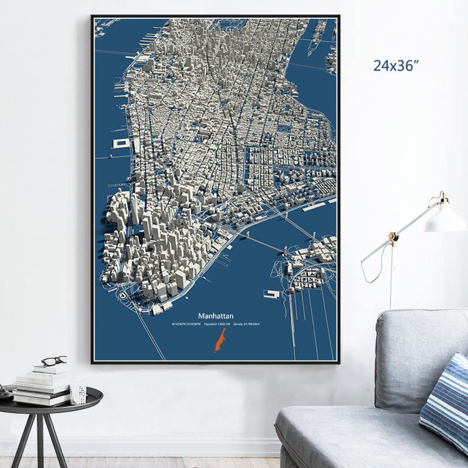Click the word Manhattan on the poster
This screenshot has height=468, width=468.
coord(216,316)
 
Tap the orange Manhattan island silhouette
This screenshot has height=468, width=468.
coord(220,340)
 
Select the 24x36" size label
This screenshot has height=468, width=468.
coord(396,66)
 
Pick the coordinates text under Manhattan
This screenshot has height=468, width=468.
coord(186,324)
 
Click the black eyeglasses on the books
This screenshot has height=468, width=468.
coord(54,361)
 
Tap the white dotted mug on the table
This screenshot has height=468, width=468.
coord(78,393)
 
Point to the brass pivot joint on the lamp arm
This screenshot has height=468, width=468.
coord(393,237)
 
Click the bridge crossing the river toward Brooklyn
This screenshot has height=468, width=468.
coord(264,243)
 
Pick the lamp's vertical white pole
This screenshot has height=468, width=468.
coord(392,277)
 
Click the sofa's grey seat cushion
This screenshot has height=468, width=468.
coord(347,429)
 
